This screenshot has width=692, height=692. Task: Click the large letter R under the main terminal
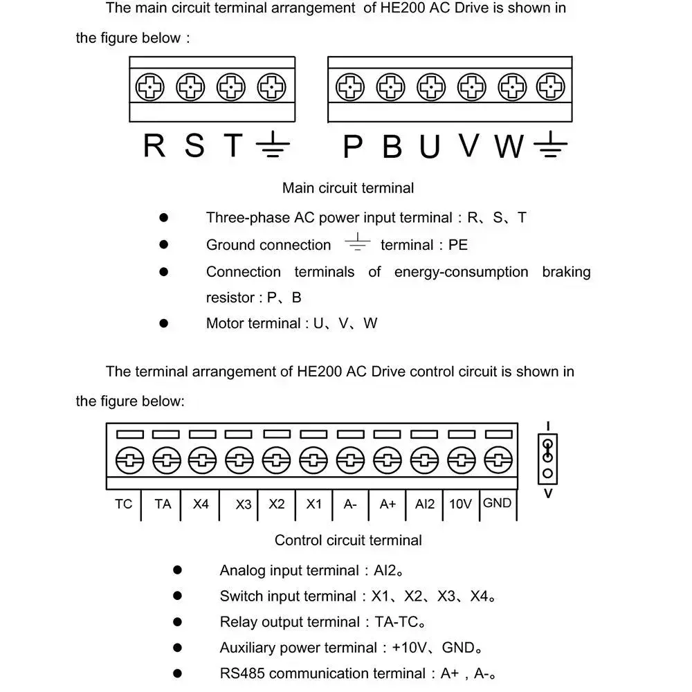point(154,146)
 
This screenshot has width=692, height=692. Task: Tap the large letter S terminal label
point(195,146)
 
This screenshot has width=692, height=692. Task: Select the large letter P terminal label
point(353,147)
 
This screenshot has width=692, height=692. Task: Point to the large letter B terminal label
point(392,147)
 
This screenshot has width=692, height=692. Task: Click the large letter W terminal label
point(509,147)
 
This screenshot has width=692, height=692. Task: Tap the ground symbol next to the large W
point(551,145)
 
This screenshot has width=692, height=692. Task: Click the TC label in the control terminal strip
point(123,504)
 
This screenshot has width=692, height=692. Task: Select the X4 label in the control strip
point(201,504)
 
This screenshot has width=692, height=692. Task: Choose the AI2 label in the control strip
point(425,504)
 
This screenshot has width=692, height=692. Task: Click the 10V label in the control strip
point(460,504)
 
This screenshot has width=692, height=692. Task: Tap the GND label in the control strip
point(497,503)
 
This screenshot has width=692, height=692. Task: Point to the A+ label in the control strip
point(388,504)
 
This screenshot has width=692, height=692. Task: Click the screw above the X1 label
point(313,459)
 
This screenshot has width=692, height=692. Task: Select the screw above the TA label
point(165,459)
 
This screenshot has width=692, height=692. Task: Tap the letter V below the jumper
point(548,494)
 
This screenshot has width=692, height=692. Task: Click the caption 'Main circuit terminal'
point(348,188)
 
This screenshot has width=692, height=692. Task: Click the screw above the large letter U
point(430,88)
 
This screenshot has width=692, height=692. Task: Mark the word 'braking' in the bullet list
point(566,271)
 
